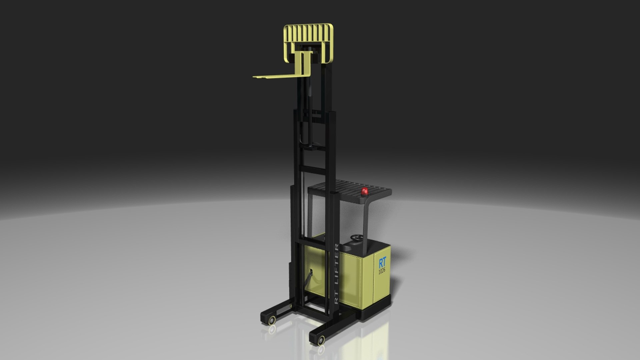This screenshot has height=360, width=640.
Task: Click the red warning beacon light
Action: click(365, 191)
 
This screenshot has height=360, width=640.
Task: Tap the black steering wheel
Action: click(356, 238)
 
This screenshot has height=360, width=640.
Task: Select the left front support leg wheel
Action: click(272, 320)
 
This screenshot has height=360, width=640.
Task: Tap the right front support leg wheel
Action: click(321, 340)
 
